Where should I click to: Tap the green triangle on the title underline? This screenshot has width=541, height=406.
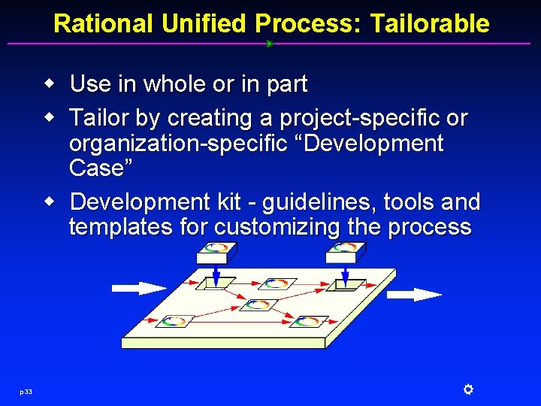[x=270, y=44]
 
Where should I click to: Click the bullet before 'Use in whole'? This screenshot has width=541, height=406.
[x=49, y=83]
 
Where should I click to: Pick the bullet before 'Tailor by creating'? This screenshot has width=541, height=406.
[x=49, y=117]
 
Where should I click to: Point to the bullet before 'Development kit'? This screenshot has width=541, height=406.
[x=49, y=201]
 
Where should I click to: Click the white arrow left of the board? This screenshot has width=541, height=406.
[x=138, y=288]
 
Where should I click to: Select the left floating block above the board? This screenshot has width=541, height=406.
[x=216, y=253]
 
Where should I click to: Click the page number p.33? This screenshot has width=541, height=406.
[x=26, y=390]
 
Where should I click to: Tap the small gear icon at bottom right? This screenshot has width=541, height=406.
[x=467, y=389]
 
